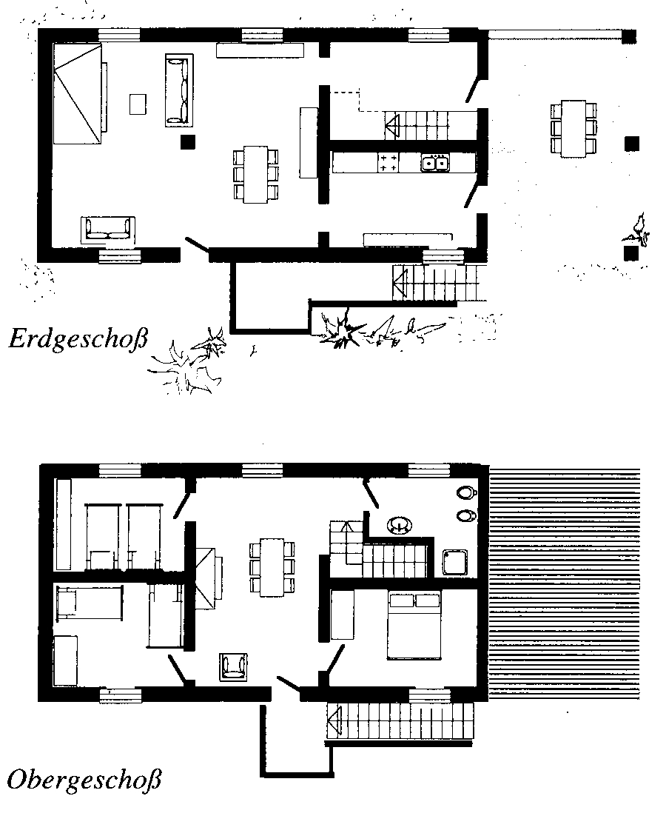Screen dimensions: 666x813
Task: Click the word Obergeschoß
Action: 84,780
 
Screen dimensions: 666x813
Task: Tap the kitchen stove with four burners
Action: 388,163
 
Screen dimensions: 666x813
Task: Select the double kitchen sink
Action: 435,163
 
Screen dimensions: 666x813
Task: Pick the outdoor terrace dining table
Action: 573,128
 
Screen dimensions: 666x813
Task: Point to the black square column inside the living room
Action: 188,142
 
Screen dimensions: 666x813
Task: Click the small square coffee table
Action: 138,104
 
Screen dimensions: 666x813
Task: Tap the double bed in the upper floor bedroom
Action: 414,626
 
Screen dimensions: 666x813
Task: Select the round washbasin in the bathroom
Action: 400,525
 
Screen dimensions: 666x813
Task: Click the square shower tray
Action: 454,563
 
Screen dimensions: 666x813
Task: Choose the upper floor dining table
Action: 272,568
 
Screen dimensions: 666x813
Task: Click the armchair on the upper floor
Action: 233,666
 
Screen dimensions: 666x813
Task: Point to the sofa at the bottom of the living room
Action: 108,230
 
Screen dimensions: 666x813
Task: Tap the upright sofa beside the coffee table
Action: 179,90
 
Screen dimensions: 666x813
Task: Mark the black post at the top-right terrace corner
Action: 629,36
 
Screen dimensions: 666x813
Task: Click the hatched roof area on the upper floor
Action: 565,583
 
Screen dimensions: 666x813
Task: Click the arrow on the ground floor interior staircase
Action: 392,125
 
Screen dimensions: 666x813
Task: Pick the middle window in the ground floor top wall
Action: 262,35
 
